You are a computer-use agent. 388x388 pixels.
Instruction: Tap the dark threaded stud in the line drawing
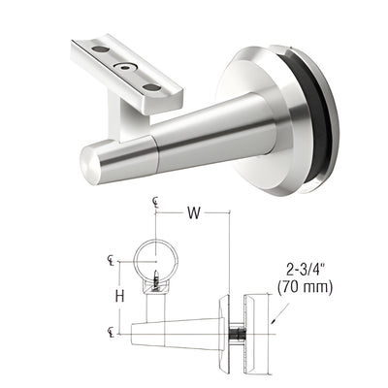tap(235, 334)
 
